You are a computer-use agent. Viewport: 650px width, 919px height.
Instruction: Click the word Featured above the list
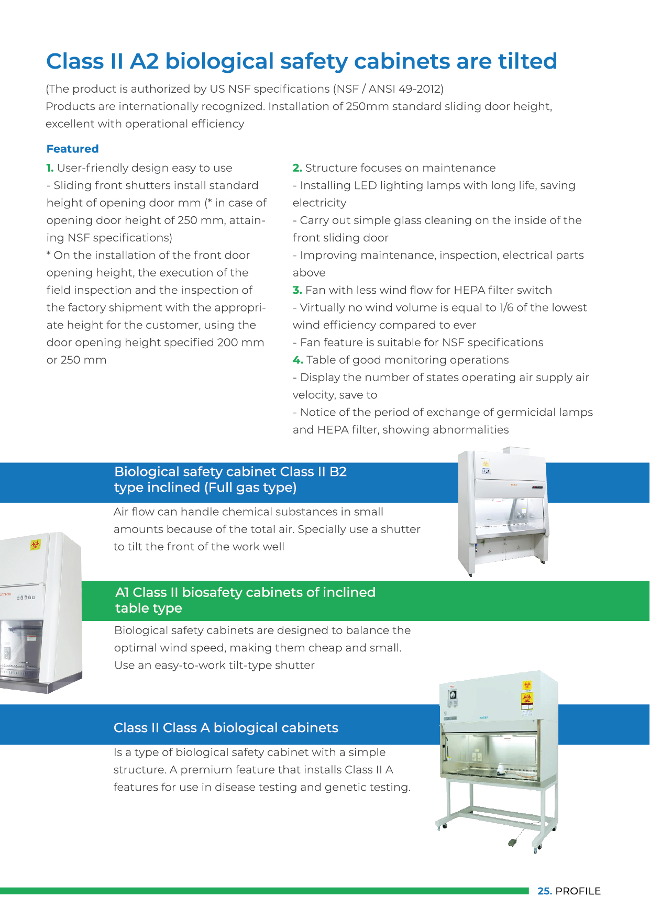click(72, 149)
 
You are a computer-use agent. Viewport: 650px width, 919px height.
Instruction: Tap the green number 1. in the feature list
click(50, 168)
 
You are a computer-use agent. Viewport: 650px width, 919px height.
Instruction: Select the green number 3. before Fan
click(297, 290)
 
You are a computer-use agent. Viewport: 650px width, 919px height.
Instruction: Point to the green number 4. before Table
click(298, 360)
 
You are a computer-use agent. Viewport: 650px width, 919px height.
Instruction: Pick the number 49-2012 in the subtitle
click(420, 89)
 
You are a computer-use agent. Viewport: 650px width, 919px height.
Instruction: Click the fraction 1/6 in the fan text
click(506, 307)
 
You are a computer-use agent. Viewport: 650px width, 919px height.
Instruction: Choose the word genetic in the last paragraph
click(344, 788)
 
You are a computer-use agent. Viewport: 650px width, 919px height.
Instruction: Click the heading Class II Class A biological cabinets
click(226, 728)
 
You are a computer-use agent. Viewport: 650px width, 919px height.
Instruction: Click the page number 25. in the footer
click(545, 891)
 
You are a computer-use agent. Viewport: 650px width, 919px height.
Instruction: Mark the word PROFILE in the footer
click(578, 891)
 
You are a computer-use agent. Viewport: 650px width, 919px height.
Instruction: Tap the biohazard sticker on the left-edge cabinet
click(35, 545)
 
